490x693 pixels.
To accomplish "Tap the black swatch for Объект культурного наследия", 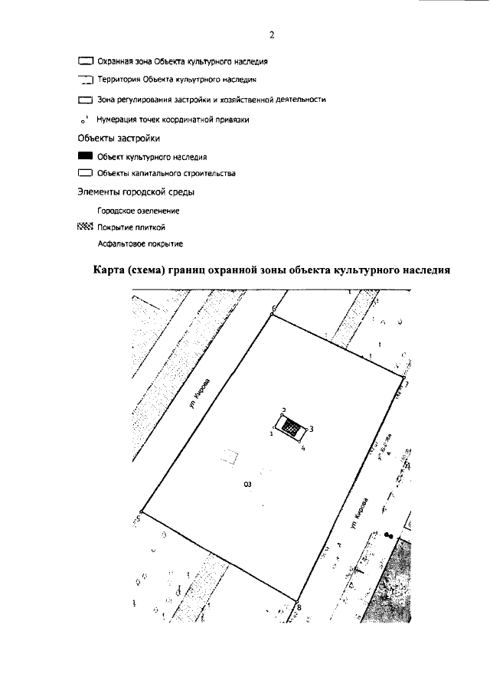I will (85, 155).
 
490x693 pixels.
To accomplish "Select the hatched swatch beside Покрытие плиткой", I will (85, 227).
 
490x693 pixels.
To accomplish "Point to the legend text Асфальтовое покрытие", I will (140, 244).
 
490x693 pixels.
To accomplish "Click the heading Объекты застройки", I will (119, 139).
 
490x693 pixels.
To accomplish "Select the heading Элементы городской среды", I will (136, 191).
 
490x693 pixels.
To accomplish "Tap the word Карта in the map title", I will (110, 270).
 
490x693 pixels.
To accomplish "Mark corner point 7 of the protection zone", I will (403, 378).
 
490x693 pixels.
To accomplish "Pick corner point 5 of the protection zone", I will (142, 513).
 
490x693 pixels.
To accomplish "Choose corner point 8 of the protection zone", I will (297, 602).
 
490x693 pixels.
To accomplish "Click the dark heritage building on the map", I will (290, 427).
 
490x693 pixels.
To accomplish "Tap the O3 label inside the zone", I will (247, 484).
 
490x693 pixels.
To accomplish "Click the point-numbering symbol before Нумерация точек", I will (83, 121).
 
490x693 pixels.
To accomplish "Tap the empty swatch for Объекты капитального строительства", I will (85, 173).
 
